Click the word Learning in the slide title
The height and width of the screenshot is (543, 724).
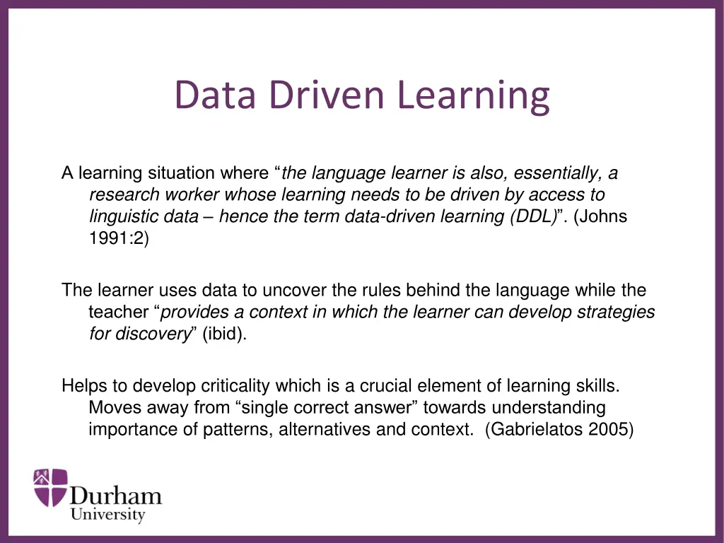tap(473, 95)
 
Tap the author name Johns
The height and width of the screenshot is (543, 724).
tap(601, 217)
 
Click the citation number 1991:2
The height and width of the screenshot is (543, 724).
tap(119, 239)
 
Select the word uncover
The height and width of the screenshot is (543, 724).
tap(291, 291)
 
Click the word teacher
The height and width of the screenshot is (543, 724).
tap(114, 313)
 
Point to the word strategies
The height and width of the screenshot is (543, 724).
tap(616, 313)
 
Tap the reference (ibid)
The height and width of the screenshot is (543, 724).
tap(225, 334)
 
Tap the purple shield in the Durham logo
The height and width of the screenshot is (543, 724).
tap(50, 488)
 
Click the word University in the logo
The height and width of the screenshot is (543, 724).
tap(107, 515)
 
